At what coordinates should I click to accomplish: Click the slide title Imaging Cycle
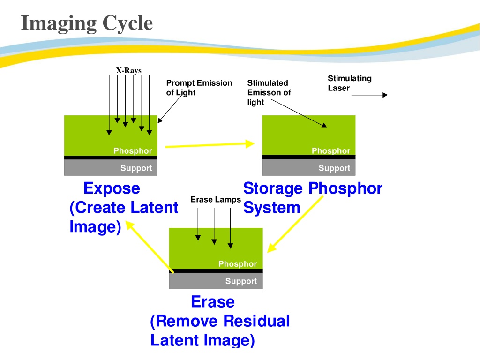pyautogui.click(x=87, y=24)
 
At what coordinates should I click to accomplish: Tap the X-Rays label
pyautogui.click(x=129, y=71)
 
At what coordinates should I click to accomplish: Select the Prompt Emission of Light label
pyautogui.click(x=199, y=88)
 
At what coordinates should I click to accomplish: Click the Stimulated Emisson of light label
pyautogui.click(x=269, y=92)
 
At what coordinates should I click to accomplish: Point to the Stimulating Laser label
pyautogui.click(x=350, y=83)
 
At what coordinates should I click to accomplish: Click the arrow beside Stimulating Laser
pyautogui.click(x=369, y=95)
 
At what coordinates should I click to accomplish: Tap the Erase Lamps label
pyautogui.click(x=216, y=200)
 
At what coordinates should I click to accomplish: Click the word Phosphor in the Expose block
pyautogui.click(x=133, y=151)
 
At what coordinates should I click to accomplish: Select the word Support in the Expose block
pyautogui.click(x=136, y=168)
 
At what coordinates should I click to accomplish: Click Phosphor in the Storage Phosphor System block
pyautogui.click(x=331, y=151)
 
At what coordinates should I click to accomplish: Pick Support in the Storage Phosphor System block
pyautogui.click(x=334, y=168)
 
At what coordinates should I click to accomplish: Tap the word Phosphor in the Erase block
pyautogui.click(x=238, y=264)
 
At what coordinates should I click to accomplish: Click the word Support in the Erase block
pyautogui.click(x=241, y=281)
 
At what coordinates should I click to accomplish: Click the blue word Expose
pyautogui.click(x=112, y=188)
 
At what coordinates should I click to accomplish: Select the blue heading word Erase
pyautogui.click(x=213, y=302)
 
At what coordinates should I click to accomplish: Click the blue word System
pyautogui.click(x=272, y=208)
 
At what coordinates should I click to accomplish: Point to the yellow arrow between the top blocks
pyautogui.click(x=210, y=145)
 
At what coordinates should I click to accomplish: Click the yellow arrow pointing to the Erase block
pyautogui.click(x=295, y=225)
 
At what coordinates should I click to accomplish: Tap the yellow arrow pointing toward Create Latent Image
pyautogui.click(x=150, y=247)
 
